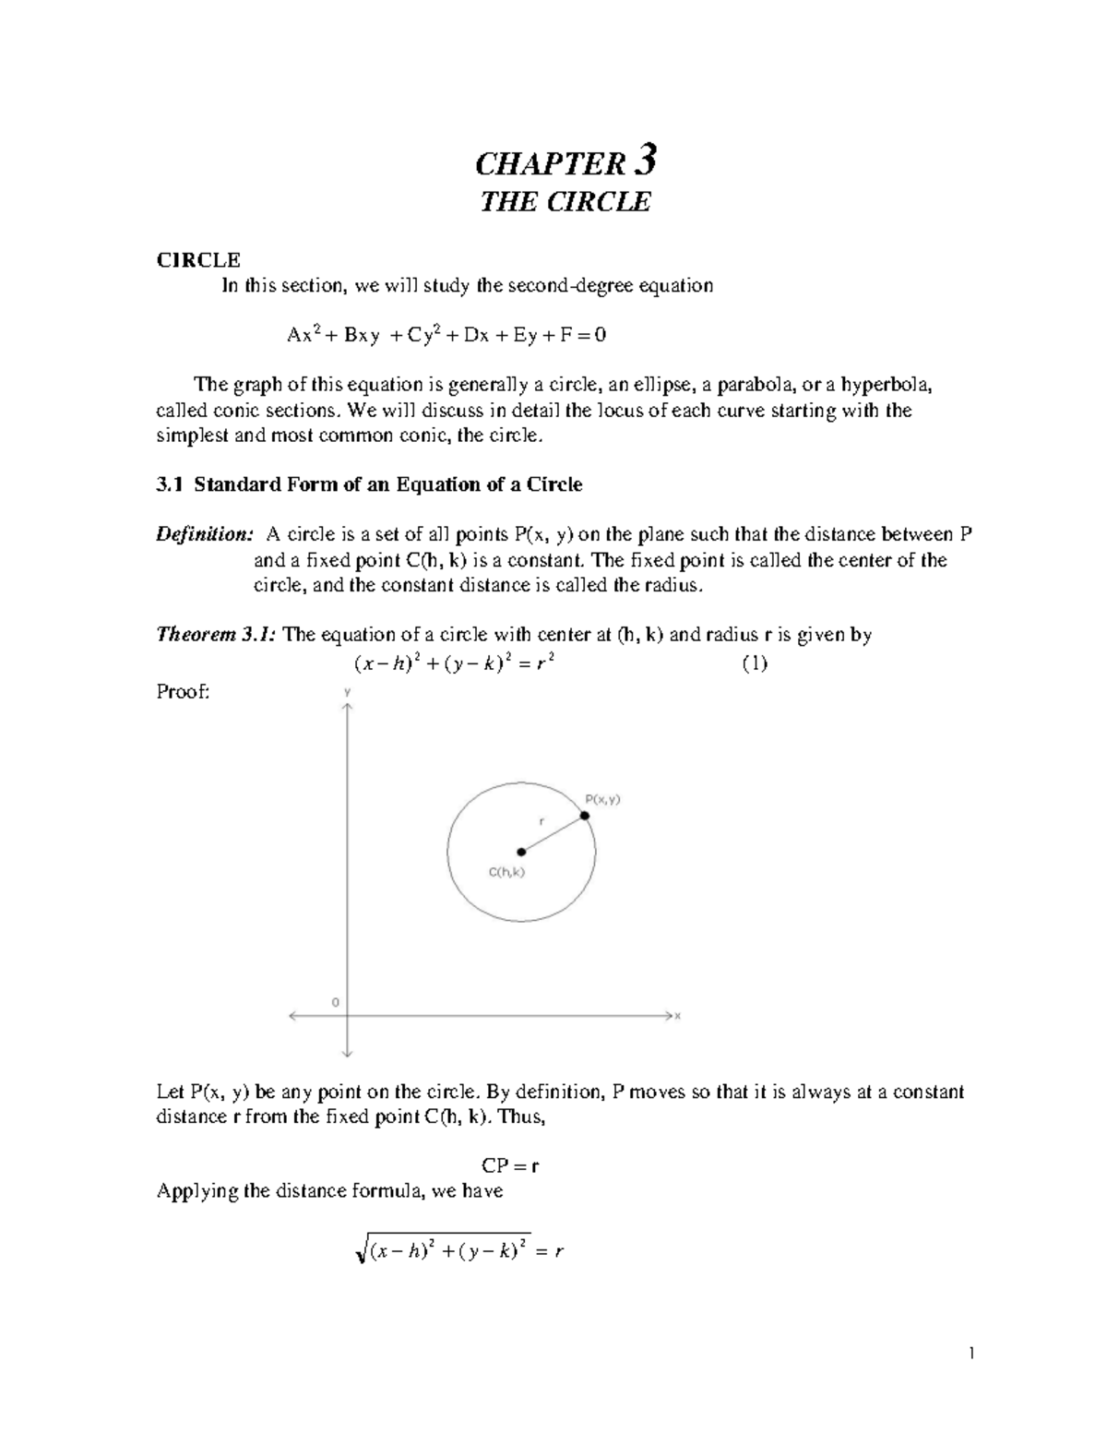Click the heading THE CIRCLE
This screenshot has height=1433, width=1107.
565,202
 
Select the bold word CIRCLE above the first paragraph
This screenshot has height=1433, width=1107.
198,260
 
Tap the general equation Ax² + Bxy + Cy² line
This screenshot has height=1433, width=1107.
446,335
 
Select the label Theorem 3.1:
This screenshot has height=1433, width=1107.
217,635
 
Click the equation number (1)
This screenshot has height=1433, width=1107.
755,663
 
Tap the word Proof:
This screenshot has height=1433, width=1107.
183,691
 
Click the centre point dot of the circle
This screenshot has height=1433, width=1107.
521,852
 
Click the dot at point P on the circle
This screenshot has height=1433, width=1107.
585,816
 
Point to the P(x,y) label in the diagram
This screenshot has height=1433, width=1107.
603,800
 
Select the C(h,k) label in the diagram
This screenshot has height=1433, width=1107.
506,872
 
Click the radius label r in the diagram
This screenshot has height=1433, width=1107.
542,819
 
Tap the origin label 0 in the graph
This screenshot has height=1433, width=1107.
336,1001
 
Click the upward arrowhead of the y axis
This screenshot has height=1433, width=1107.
347,706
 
